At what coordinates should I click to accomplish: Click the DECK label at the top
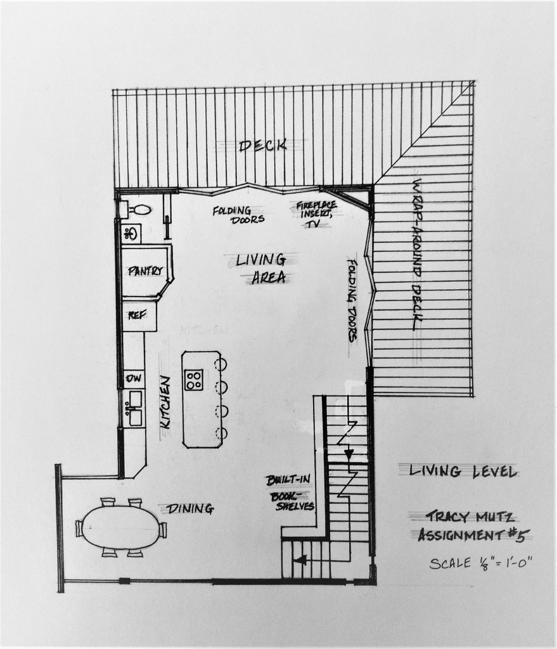point(263,146)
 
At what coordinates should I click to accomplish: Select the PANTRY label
point(145,271)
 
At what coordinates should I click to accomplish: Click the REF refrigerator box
point(139,316)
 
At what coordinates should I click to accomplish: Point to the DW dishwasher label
point(134,378)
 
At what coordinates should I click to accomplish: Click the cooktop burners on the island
point(194,379)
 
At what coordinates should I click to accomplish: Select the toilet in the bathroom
point(139,209)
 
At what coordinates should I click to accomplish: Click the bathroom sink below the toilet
point(131,234)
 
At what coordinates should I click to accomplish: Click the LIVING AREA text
point(261,269)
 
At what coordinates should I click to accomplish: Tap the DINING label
point(190,509)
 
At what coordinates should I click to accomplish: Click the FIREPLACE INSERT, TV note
point(316,214)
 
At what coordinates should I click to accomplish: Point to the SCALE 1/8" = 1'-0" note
point(480,563)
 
